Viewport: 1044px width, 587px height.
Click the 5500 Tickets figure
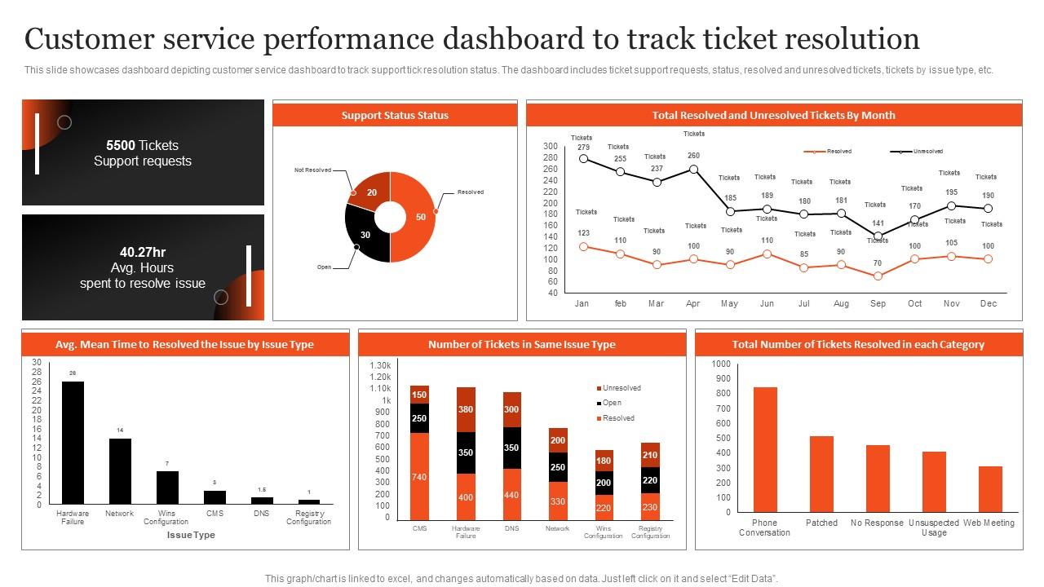(x=142, y=145)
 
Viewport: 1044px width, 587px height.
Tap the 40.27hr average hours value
(x=142, y=252)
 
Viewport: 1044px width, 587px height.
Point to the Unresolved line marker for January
(x=583, y=159)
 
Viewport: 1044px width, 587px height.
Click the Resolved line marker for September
(x=878, y=276)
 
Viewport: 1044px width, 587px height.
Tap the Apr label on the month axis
(x=693, y=303)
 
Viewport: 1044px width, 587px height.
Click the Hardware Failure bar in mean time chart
(x=73, y=443)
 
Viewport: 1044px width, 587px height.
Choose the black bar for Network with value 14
(x=120, y=472)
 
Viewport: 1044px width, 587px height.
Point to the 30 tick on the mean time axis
(x=36, y=362)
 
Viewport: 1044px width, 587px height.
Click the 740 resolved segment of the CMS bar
(x=419, y=476)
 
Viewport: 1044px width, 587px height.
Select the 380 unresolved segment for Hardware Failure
(x=466, y=409)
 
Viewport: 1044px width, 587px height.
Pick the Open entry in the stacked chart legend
(x=611, y=403)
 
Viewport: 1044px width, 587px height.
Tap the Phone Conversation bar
(x=764, y=449)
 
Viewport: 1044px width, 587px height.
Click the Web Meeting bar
(x=990, y=489)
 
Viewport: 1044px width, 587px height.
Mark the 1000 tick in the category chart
(x=721, y=364)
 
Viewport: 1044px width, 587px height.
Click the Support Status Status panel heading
(x=395, y=115)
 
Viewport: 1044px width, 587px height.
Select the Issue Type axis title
(x=191, y=535)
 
